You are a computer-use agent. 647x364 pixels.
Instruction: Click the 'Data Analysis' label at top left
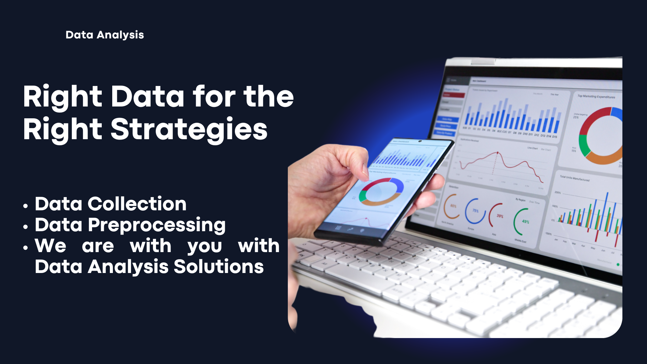click(104, 35)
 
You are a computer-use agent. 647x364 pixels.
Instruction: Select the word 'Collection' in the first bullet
click(137, 204)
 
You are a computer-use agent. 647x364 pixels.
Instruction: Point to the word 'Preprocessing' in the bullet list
click(157, 225)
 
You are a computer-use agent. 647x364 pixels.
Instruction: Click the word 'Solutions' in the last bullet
click(218, 267)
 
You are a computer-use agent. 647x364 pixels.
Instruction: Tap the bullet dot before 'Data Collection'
click(26, 206)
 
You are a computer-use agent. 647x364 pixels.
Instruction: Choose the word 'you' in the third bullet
click(205, 246)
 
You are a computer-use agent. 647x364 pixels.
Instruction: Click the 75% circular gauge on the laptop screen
click(475, 211)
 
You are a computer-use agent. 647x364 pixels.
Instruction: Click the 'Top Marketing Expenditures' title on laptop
click(596, 96)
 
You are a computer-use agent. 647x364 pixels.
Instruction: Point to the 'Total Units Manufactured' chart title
click(575, 178)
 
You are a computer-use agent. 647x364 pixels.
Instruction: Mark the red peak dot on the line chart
click(497, 153)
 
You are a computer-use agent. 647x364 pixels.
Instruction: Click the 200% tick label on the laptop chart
click(558, 192)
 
